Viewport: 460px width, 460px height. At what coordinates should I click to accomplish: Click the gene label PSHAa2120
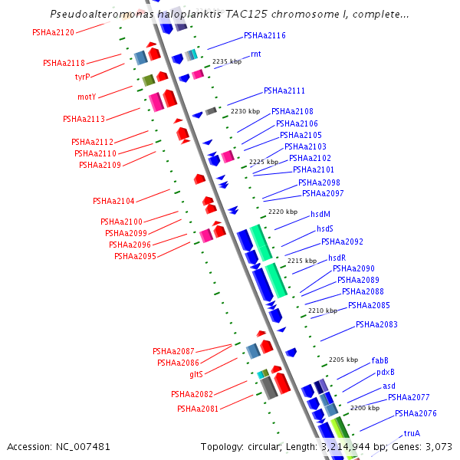click(x=53, y=32)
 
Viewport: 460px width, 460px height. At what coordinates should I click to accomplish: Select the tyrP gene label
click(x=82, y=77)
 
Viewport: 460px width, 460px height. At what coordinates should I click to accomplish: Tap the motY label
click(x=87, y=97)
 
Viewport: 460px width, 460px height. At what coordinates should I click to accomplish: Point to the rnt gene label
click(x=255, y=54)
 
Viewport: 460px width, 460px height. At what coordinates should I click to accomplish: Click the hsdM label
click(x=320, y=214)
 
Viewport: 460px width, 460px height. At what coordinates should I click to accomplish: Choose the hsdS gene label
click(x=325, y=228)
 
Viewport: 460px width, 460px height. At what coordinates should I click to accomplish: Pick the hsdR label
click(x=337, y=258)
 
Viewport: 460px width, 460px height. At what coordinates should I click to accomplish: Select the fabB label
click(x=380, y=360)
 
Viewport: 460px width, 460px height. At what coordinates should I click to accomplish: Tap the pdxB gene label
click(x=385, y=373)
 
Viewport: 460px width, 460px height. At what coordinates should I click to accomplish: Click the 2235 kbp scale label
click(x=226, y=61)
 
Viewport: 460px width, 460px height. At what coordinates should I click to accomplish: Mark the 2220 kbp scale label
click(x=282, y=212)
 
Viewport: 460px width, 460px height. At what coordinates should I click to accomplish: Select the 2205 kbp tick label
click(x=343, y=360)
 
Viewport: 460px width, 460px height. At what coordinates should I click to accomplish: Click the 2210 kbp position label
click(x=322, y=310)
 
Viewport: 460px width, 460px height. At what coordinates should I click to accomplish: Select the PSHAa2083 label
click(x=376, y=324)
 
